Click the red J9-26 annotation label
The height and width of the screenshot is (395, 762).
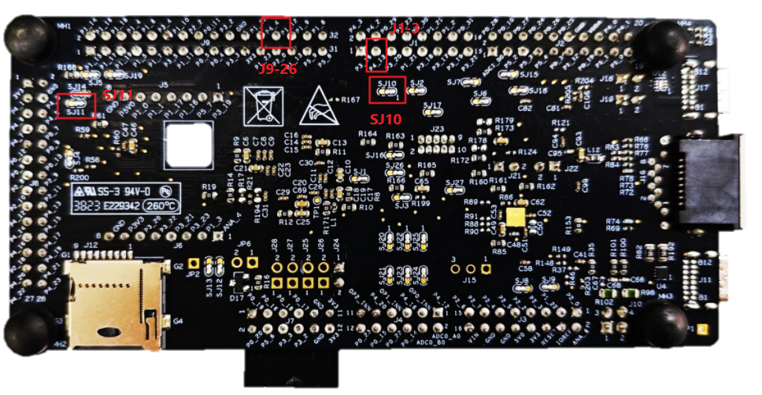click(x=277, y=69)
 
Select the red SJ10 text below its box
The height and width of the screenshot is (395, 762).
click(x=386, y=120)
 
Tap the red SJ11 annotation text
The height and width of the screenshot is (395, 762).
click(x=119, y=94)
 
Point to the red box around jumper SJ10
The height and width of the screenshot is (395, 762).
click(x=387, y=90)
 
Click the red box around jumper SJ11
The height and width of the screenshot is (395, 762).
click(x=76, y=105)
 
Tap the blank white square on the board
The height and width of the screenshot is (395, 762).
click(x=188, y=144)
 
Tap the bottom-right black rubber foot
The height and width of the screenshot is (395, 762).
click(x=666, y=323)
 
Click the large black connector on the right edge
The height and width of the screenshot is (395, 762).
click(x=709, y=183)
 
